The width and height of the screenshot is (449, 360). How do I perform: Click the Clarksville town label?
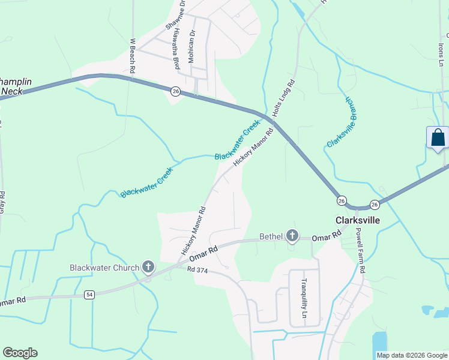(358, 220)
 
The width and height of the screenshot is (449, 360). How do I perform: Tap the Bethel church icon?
(292, 236)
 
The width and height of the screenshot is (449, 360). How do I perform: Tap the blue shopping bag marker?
(438, 137)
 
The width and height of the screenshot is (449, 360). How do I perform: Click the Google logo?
(20, 353)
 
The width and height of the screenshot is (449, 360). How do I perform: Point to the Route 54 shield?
(89, 294)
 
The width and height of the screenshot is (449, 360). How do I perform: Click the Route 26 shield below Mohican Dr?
(175, 91)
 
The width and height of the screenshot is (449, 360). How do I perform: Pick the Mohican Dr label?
(193, 44)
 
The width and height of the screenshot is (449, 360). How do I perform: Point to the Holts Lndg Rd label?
(284, 98)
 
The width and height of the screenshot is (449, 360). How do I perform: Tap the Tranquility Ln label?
(304, 298)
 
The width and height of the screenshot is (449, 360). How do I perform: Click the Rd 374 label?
(197, 271)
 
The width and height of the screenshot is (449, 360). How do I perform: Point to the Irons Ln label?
(441, 47)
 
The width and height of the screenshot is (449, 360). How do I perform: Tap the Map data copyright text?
(411, 355)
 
